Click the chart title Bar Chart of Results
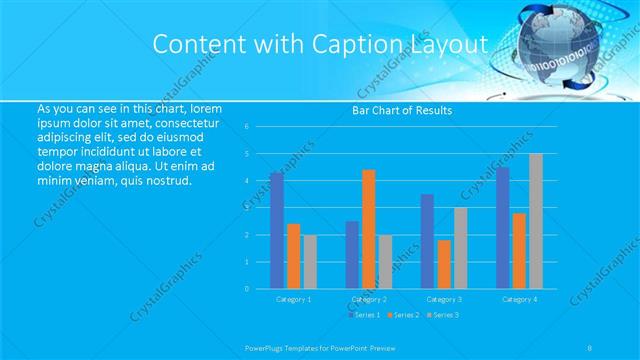pyautogui.click(x=402, y=110)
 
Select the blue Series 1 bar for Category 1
pyautogui.click(x=276, y=230)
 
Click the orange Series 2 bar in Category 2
pyautogui.click(x=368, y=229)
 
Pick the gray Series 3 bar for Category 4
pyautogui.click(x=536, y=221)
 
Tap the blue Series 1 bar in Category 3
pyautogui.click(x=427, y=241)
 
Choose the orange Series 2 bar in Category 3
pyautogui.click(x=444, y=264)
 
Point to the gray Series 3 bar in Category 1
pyautogui.click(x=310, y=262)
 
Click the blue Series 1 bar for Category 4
pyautogui.click(x=503, y=228)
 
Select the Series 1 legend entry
pyautogui.click(x=364, y=315)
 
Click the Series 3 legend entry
pyautogui.click(x=444, y=315)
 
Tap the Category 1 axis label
pyautogui.click(x=293, y=299)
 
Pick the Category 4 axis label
pyautogui.click(x=519, y=299)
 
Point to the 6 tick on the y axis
pyautogui.click(x=260, y=127)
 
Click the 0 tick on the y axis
pyautogui.click(x=260, y=289)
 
